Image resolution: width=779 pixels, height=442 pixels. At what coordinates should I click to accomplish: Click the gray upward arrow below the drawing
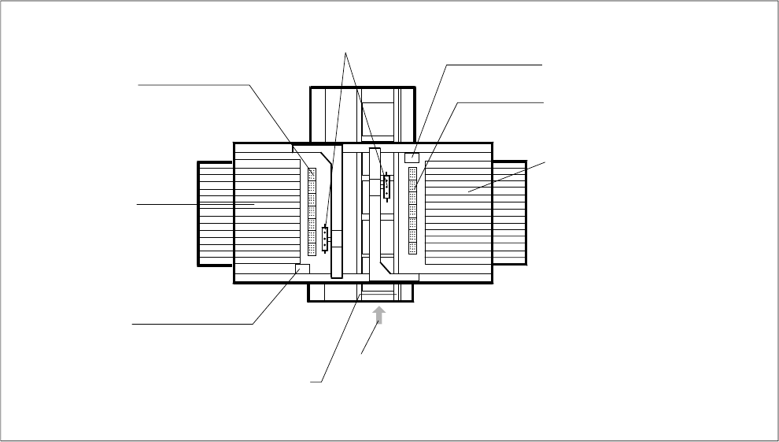379,316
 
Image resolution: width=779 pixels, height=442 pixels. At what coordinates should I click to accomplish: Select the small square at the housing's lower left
302,269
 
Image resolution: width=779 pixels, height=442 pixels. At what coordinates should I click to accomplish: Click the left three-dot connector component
324,237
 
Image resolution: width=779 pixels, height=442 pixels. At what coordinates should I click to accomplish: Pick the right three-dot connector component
386,187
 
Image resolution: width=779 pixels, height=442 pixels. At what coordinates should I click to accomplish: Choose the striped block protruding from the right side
510,212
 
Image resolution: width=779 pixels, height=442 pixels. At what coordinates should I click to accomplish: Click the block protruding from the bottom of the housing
360,292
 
